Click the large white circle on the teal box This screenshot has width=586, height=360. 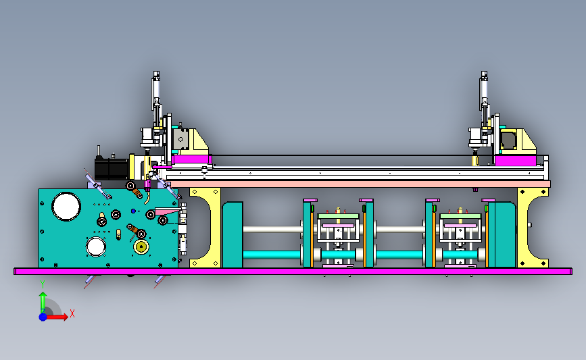(66, 207)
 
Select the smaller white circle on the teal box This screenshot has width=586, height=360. (96, 247)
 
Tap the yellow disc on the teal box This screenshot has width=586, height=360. (141, 247)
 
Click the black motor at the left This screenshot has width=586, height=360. (112, 169)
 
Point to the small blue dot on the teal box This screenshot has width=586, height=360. (133, 211)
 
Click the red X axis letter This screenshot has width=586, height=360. (72, 313)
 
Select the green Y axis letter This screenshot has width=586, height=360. (43, 285)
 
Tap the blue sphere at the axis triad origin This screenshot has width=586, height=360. (43, 317)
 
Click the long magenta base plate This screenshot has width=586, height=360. (293, 272)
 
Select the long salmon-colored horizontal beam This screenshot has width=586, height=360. (360, 184)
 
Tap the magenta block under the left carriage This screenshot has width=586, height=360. (191, 159)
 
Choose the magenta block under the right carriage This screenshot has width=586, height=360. (515, 161)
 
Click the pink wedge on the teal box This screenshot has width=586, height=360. (168, 211)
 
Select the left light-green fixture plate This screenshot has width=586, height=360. (338, 216)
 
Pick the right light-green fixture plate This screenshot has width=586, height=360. (460, 216)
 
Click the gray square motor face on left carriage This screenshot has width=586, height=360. (180, 139)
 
